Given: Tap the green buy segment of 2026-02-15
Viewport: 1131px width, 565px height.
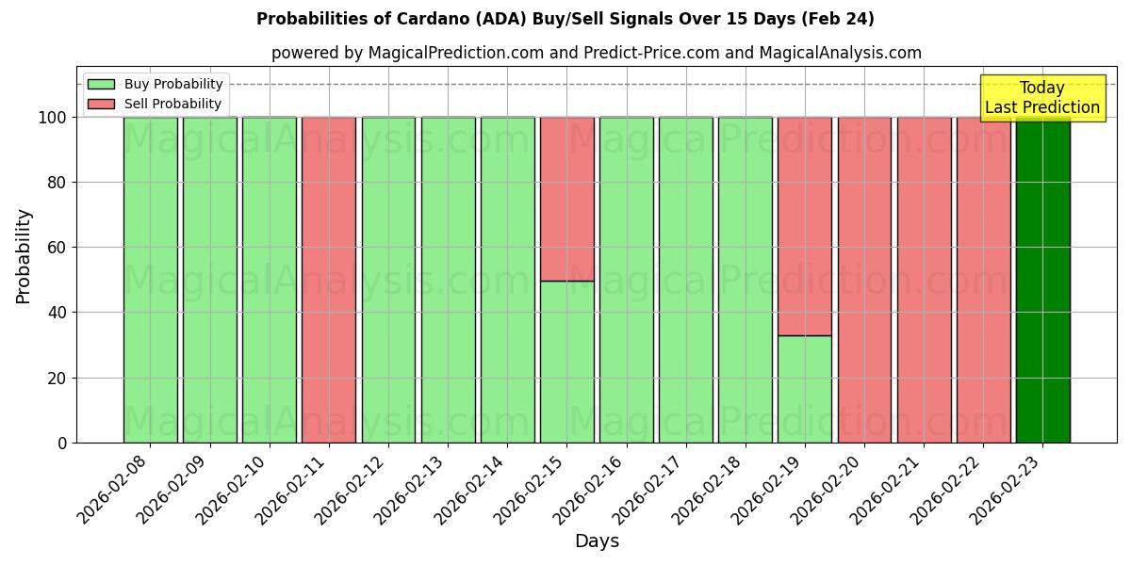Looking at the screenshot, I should [566, 362].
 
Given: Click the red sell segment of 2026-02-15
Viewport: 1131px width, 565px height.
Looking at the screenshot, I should [566, 199].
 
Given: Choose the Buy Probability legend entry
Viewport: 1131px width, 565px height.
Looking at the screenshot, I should [156, 84].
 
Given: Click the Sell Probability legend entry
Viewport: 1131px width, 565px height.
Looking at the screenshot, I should [156, 104].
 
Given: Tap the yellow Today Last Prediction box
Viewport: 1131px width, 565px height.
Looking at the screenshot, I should [1042, 98].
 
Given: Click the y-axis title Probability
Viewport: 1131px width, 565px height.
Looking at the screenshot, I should [24, 255].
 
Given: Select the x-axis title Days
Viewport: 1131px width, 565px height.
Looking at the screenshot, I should [597, 541].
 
